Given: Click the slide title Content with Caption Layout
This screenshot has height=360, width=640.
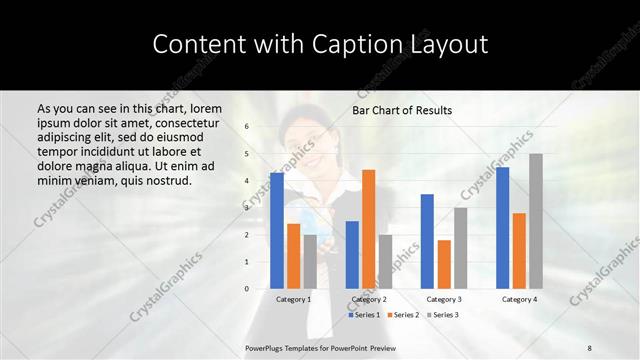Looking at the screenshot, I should point(319,45).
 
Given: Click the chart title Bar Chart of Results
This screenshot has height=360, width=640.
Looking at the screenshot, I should point(402,110).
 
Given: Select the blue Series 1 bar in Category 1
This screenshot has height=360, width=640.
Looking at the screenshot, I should point(276,230).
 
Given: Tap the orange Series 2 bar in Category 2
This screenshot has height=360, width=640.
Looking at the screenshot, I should point(368,229).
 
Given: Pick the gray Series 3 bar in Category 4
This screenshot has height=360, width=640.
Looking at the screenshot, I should point(536,221).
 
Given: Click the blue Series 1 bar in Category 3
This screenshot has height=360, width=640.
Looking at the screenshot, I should point(427,241).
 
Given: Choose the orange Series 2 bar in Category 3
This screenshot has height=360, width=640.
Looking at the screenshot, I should point(444,264).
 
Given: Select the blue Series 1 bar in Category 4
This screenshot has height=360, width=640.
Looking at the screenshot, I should point(502,228).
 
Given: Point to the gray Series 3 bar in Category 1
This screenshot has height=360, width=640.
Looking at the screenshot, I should point(310,261).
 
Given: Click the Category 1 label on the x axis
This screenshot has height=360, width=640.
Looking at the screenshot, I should point(293,299).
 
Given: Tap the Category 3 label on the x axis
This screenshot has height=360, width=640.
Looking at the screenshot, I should point(444,299).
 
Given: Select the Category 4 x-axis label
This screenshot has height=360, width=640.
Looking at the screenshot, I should point(519,299).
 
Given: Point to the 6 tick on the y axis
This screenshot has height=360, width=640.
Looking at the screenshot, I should point(247,127).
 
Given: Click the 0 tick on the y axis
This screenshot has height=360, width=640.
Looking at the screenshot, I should point(247,289).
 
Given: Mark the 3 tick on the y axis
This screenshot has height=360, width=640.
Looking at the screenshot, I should point(247,208).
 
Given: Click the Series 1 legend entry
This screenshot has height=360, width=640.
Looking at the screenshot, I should point(364,315).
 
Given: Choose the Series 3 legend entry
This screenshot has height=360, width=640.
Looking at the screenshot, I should point(445,315).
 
